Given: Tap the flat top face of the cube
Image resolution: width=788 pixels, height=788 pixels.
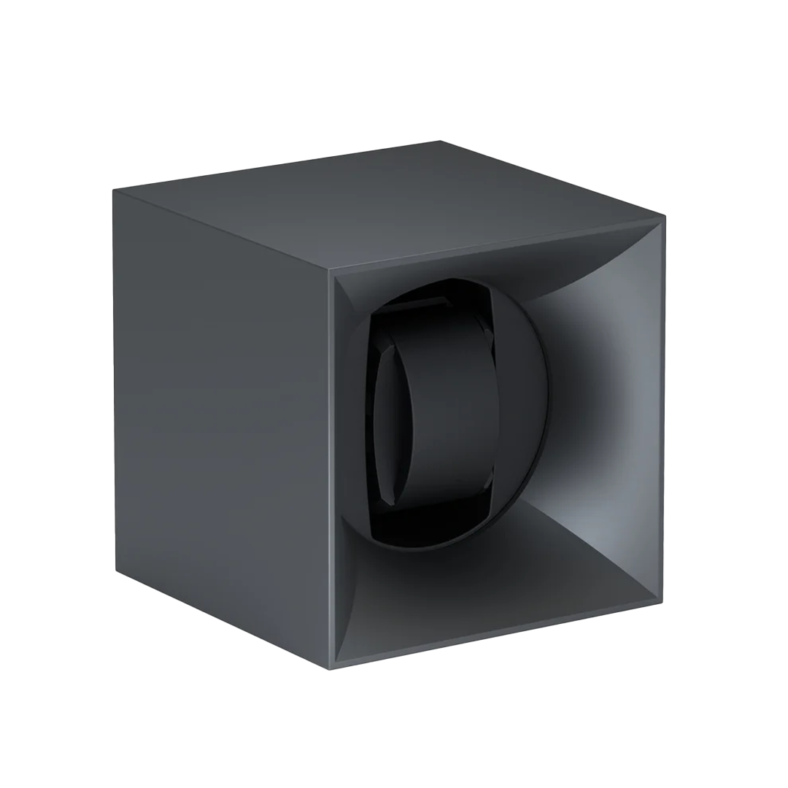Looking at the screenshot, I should [x=387, y=204].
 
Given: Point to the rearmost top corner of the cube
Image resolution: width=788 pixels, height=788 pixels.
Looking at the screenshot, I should [x=440, y=141].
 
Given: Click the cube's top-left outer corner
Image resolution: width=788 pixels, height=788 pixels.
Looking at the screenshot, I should [x=114, y=190].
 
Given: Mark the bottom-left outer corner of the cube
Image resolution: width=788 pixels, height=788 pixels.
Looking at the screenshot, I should [x=117, y=571].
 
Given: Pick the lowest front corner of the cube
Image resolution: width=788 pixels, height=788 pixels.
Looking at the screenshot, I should [x=330, y=668].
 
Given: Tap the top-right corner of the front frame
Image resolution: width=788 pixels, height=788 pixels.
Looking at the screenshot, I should [x=663, y=217].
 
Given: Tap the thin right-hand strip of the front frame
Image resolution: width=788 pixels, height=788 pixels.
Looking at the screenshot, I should [x=662, y=409].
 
